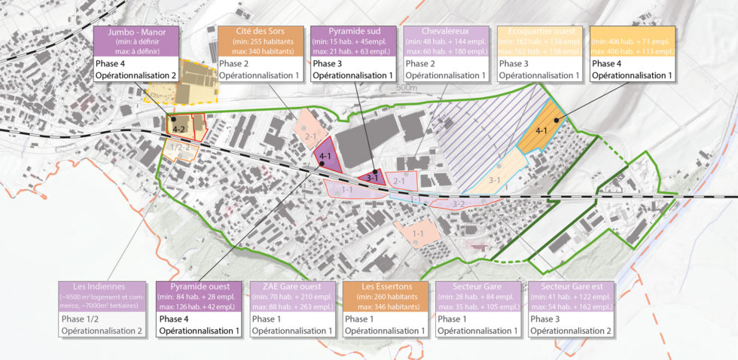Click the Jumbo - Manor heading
point(136,33)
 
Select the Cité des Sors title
point(260,33)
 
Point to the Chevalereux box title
point(446,33)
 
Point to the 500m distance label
point(408,88)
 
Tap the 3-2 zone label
point(458,203)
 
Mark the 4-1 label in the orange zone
point(541,131)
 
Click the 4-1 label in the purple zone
point(326,157)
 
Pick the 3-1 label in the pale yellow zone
point(495,180)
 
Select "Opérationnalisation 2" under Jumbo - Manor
point(136,76)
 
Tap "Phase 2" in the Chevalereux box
point(422,64)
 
